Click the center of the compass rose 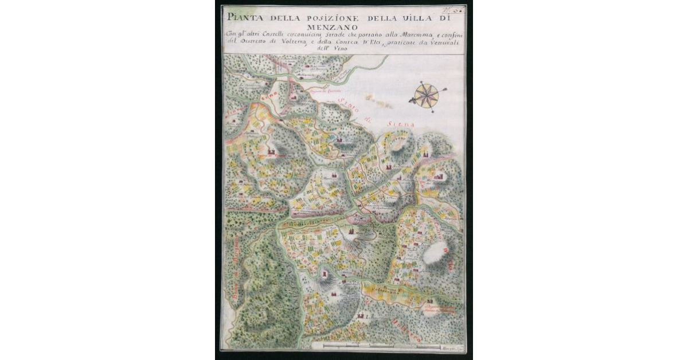(x=427, y=96)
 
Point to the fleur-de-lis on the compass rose (x=411, y=100)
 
